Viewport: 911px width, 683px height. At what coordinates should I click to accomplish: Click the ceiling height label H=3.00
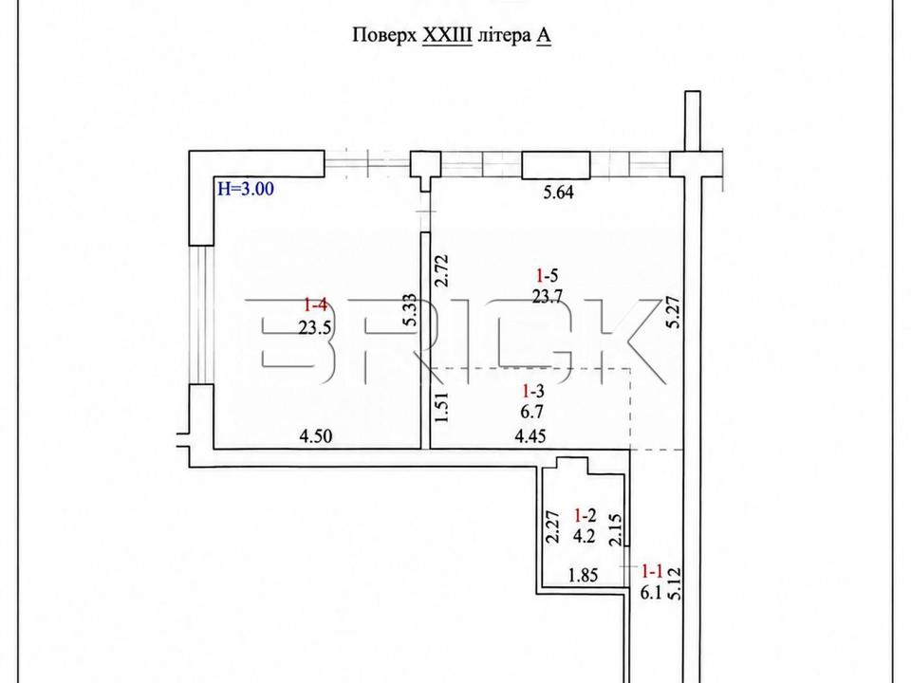tap(245, 189)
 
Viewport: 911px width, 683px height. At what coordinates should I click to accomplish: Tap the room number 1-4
tap(316, 304)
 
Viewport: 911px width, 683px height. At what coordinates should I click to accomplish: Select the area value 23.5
tap(315, 327)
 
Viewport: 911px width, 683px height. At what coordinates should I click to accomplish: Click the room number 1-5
tap(548, 275)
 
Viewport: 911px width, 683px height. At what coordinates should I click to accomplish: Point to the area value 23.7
tap(548, 297)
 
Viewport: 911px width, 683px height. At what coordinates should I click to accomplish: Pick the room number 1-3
tap(532, 391)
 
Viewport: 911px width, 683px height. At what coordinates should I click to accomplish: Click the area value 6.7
tap(532, 413)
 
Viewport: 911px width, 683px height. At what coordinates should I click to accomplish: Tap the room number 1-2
tap(585, 514)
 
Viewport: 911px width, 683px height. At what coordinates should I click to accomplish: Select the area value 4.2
tap(584, 536)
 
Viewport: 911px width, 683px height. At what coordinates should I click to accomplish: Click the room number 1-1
tap(652, 571)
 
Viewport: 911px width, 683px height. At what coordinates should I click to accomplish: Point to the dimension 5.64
tap(558, 193)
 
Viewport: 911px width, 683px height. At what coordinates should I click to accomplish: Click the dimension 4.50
tap(315, 435)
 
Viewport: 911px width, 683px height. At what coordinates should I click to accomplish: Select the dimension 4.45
tap(530, 435)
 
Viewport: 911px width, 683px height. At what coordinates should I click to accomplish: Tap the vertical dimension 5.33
tap(410, 309)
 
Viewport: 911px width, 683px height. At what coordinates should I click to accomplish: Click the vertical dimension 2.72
tap(442, 270)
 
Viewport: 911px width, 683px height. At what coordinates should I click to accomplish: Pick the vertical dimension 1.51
tap(442, 407)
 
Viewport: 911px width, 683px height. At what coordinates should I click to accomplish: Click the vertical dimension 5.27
tap(674, 313)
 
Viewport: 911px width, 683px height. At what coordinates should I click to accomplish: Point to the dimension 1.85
tap(584, 576)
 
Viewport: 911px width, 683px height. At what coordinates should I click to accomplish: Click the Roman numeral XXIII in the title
tap(447, 35)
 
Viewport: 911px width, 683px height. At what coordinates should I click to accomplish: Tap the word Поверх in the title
tap(384, 36)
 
